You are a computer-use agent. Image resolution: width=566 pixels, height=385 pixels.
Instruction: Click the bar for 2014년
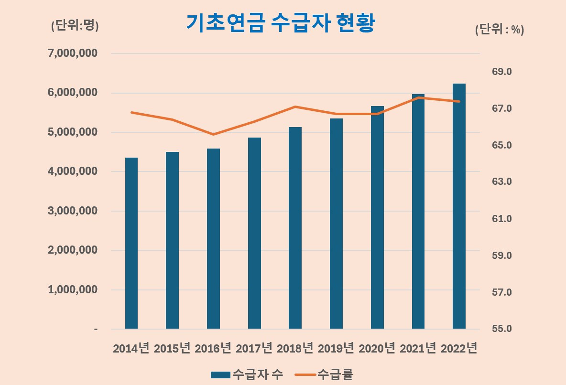131,244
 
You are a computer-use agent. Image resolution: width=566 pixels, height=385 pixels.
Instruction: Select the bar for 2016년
213,239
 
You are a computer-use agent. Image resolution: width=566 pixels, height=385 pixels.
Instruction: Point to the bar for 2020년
377,217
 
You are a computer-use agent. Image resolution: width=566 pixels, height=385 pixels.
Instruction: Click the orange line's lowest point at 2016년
213,134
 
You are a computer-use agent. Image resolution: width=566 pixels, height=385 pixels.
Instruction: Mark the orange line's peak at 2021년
419,97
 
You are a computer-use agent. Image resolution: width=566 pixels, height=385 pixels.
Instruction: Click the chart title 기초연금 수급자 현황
280,23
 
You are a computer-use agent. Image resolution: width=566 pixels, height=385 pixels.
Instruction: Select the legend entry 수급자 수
247,374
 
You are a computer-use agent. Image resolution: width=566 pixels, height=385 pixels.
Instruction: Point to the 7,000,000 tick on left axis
73,53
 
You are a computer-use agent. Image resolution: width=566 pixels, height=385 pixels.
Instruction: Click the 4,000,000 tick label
73,171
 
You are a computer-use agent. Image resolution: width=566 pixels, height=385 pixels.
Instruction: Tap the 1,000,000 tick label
73,290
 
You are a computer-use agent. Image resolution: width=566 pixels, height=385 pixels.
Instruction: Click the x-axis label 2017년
254,348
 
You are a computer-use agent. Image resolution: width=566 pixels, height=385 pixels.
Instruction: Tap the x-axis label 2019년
336,348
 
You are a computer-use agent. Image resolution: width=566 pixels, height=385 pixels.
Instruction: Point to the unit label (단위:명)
75,26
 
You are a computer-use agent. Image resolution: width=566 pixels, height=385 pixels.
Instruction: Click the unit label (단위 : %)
500,30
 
